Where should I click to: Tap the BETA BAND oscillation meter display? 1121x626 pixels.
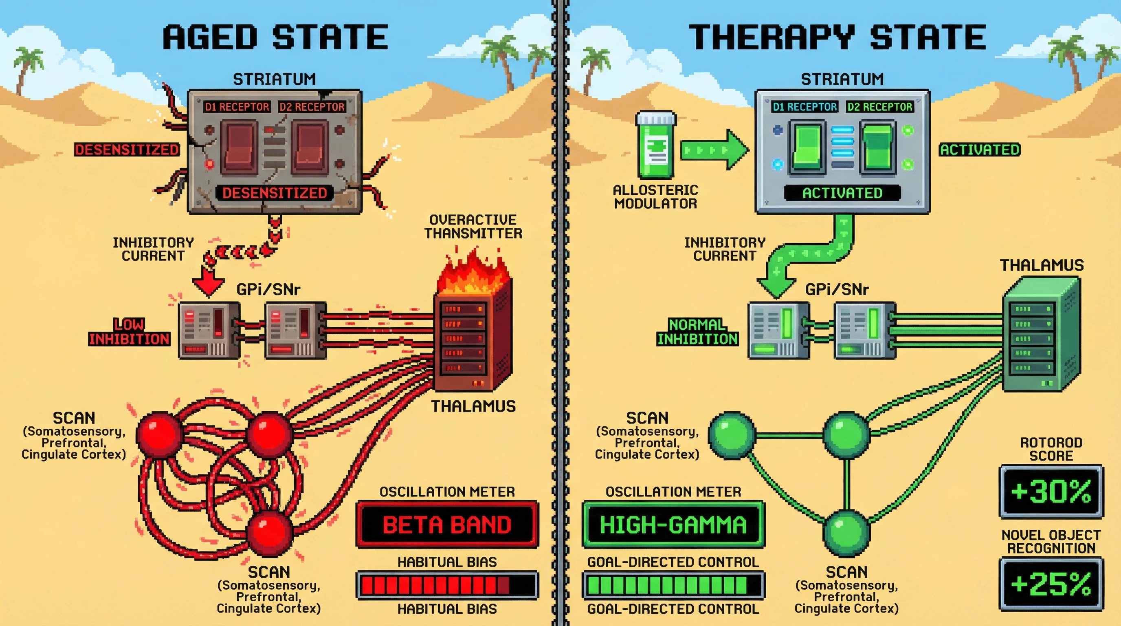coord(447,525)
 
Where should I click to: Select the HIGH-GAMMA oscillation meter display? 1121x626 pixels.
coord(673,525)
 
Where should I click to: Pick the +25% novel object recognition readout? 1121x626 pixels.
coord(1051,584)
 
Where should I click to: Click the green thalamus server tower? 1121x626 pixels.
coord(1040,335)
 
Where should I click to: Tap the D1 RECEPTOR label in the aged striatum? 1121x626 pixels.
coord(237,107)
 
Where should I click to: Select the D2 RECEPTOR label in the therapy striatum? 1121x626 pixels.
coord(879,107)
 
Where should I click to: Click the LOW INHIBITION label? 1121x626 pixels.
coord(129,332)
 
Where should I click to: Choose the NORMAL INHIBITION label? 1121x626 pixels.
coord(697,332)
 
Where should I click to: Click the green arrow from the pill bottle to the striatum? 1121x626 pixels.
coord(714,150)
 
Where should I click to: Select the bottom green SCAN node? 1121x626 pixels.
coord(846,533)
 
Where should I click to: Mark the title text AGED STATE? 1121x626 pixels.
coord(275,37)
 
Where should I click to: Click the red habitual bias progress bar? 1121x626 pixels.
coord(447,586)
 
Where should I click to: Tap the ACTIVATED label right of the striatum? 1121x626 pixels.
coord(979,150)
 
